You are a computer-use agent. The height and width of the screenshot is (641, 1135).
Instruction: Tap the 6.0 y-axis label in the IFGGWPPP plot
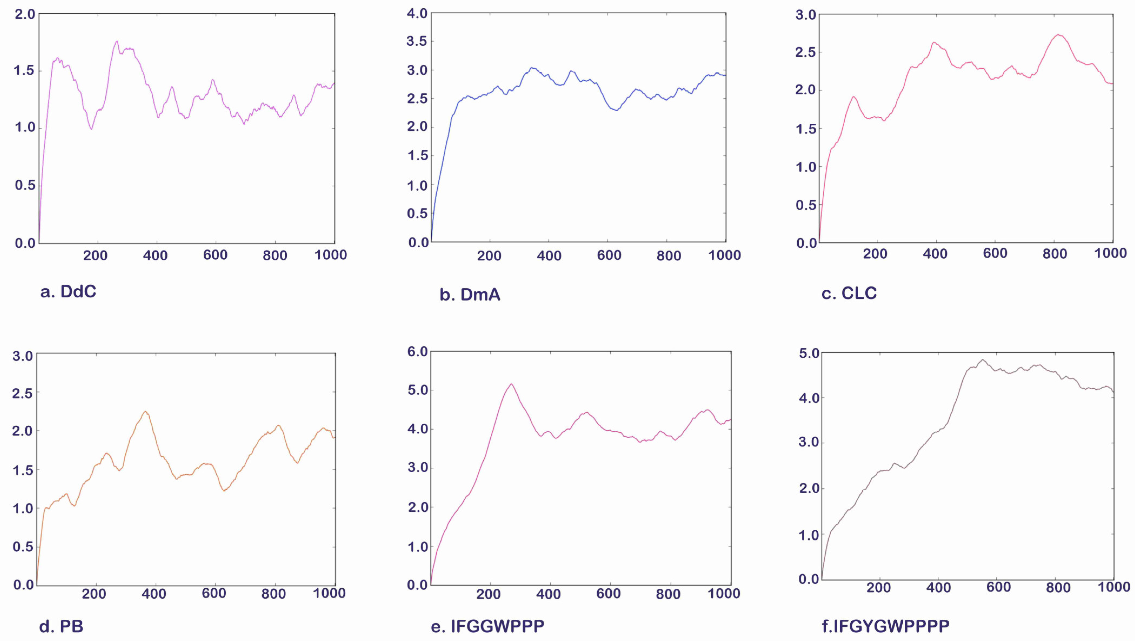(x=417, y=352)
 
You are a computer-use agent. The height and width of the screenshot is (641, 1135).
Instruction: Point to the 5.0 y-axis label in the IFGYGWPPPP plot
(x=809, y=353)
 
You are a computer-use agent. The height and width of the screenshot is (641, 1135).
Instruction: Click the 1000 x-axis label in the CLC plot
(x=1110, y=253)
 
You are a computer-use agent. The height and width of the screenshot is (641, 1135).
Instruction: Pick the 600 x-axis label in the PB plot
(x=214, y=593)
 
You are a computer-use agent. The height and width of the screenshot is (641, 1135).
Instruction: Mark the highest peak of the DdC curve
(x=117, y=41)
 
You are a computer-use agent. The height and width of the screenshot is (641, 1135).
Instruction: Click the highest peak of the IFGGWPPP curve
(x=511, y=384)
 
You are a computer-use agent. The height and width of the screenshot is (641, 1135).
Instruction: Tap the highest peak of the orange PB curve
(x=145, y=412)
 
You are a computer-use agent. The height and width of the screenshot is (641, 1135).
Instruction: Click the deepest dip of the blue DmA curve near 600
(x=616, y=110)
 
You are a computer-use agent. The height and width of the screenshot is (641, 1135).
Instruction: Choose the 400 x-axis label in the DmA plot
(x=549, y=255)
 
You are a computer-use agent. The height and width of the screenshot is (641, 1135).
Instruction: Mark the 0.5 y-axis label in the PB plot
(x=23, y=547)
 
